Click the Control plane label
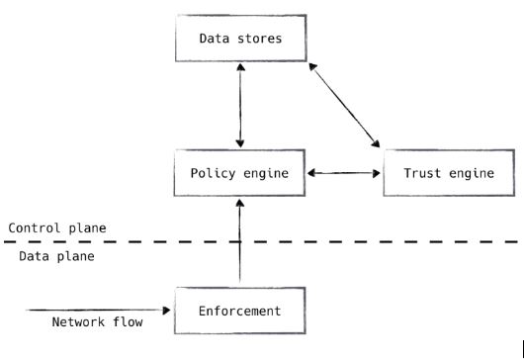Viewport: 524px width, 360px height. (x=57, y=227)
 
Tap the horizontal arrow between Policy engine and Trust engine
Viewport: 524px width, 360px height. (x=344, y=173)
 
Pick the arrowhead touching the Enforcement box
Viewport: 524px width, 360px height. (x=168, y=310)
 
